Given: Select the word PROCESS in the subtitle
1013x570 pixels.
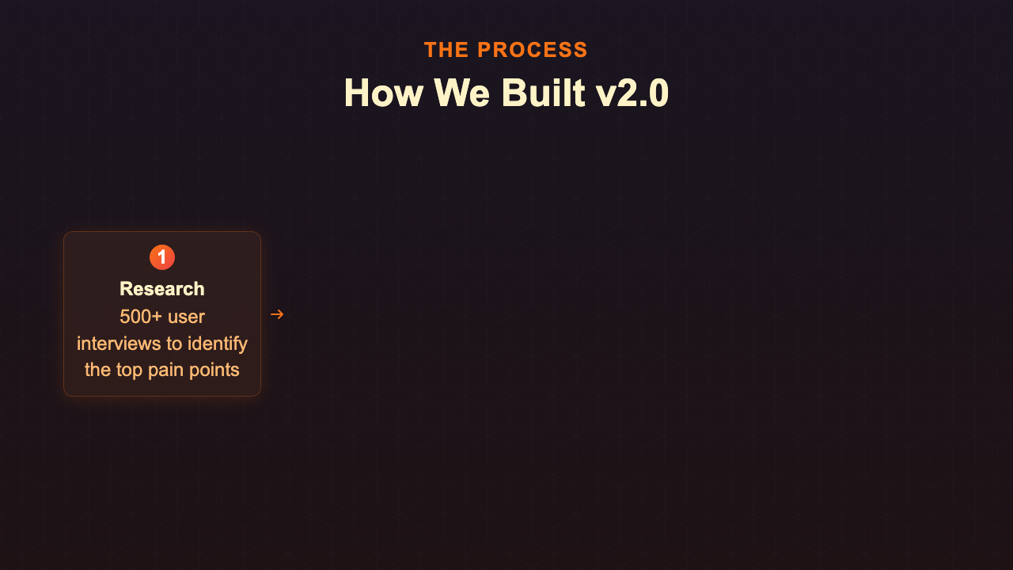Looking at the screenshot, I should point(533,50).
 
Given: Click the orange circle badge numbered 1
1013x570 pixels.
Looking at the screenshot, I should point(162,257).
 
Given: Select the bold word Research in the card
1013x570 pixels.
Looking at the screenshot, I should point(162,289).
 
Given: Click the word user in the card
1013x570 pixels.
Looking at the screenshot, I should point(187,317).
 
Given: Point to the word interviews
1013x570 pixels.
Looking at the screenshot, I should point(115,344).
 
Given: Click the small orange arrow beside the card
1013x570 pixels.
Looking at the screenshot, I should point(277,314).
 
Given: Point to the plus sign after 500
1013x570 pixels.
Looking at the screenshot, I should point(157,317).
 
